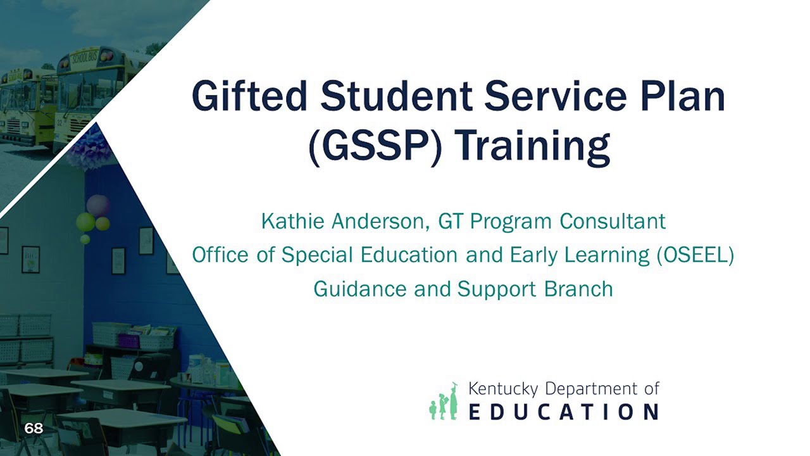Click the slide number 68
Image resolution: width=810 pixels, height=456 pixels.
34,429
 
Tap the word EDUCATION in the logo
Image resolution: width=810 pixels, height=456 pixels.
564,412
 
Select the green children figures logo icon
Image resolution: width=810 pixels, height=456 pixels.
444,402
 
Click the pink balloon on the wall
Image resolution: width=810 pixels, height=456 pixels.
97,205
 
